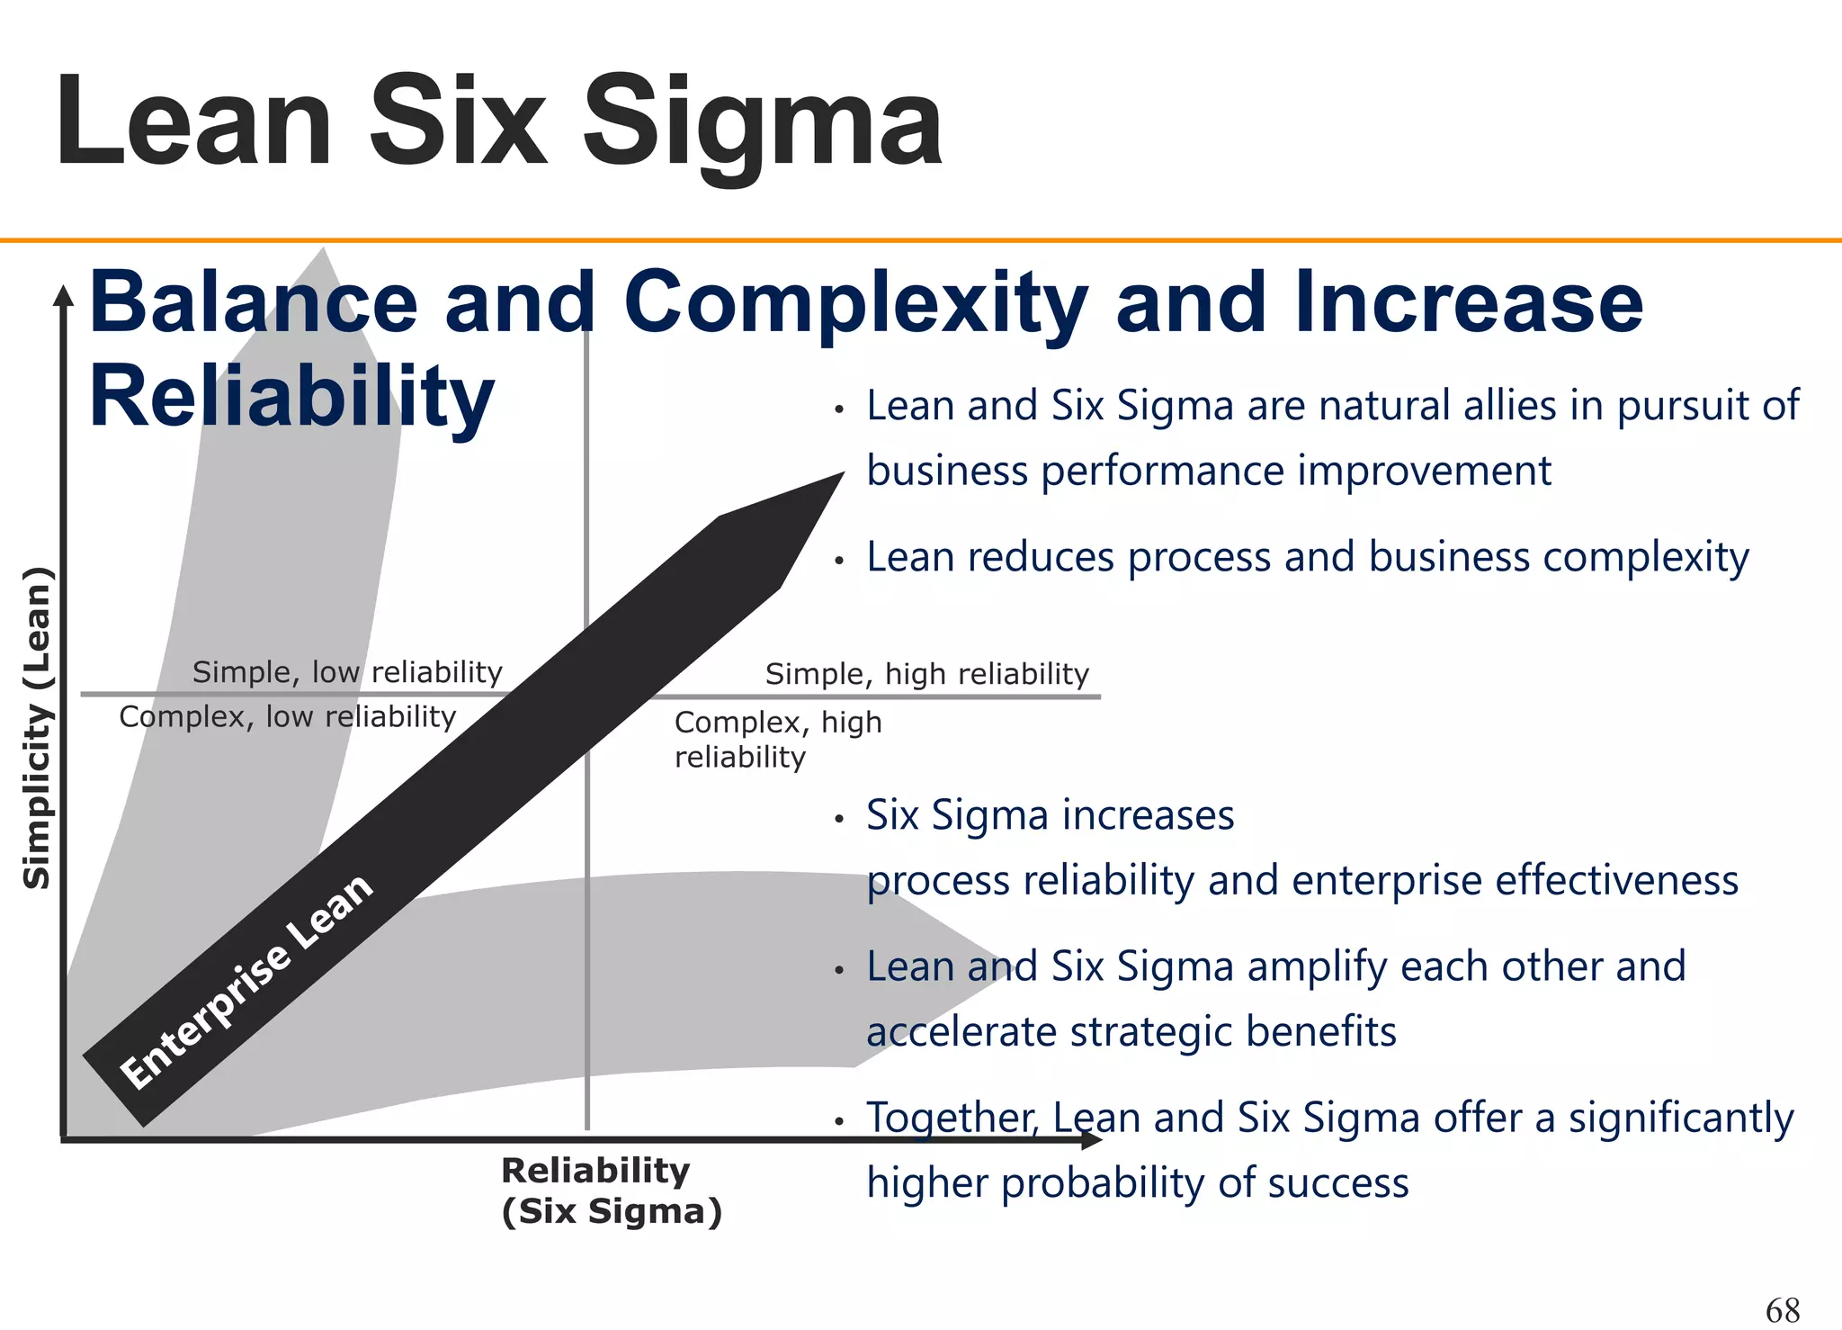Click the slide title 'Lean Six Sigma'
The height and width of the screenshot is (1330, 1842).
499,121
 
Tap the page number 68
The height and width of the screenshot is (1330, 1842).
1783,1309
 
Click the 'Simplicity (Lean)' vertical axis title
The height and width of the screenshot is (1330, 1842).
37,729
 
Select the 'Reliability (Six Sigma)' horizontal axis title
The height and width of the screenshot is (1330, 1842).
612,1191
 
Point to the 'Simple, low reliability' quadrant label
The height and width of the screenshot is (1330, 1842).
347,672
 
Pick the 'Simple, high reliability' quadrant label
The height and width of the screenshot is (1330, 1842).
926,674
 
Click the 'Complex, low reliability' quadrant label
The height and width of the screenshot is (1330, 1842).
288,717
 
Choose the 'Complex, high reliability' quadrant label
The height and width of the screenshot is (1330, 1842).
778,739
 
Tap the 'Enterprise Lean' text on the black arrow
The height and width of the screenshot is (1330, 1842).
246,981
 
